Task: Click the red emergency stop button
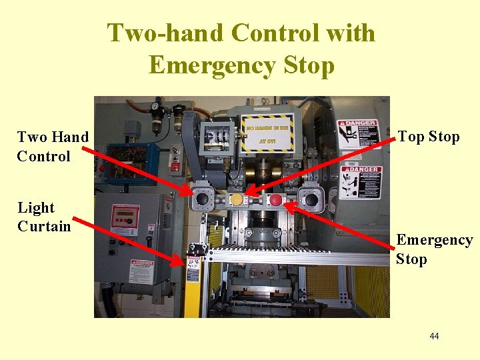click(275, 200)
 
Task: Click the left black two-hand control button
click(202, 199)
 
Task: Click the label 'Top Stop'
click(429, 137)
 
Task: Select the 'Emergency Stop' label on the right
click(434, 249)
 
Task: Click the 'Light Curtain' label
click(44, 217)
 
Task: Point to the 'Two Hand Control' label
click(53, 147)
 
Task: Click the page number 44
click(434, 336)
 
